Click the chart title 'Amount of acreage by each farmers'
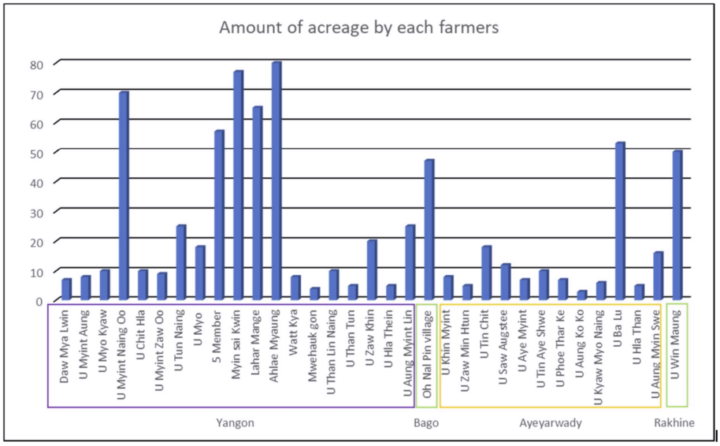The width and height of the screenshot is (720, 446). pyautogui.click(x=359, y=27)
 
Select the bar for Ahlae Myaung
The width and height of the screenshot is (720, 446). pyautogui.click(x=276, y=181)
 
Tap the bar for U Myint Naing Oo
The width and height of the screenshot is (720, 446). pyautogui.click(x=123, y=196)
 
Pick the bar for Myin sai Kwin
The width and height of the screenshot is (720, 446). pyautogui.click(x=238, y=186)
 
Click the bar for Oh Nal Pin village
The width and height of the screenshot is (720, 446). pyautogui.click(x=429, y=230)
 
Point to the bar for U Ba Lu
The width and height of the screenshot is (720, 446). pyautogui.click(x=620, y=222)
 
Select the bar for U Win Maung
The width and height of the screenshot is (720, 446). pyautogui.click(x=677, y=226)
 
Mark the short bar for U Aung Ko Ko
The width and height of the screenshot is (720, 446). pyautogui.click(x=581, y=295)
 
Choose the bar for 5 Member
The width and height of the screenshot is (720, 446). pyautogui.click(x=219, y=215)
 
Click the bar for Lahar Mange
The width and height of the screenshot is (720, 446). pyautogui.click(x=257, y=203)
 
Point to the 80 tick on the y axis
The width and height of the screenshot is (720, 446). pyautogui.click(x=37, y=65)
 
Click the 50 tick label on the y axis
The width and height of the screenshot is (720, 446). pyautogui.click(x=37, y=153)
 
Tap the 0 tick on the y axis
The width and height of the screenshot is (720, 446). pyautogui.click(x=39, y=301)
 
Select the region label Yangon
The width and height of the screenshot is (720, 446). pyautogui.click(x=235, y=423)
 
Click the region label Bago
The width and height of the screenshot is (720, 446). pyautogui.click(x=426, y=423)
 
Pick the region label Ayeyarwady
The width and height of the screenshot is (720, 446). pyautogui.click(x=551, y=423)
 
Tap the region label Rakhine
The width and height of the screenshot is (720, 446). pyautogui.click(x=674, y=423)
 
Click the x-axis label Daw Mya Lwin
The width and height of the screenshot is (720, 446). pyautogui.click(x=64, y=347)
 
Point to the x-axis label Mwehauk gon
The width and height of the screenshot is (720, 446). pyautogui.click(x=312, y=346)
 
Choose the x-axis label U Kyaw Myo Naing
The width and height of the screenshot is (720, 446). pyautogui.click(x=598, y=358)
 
